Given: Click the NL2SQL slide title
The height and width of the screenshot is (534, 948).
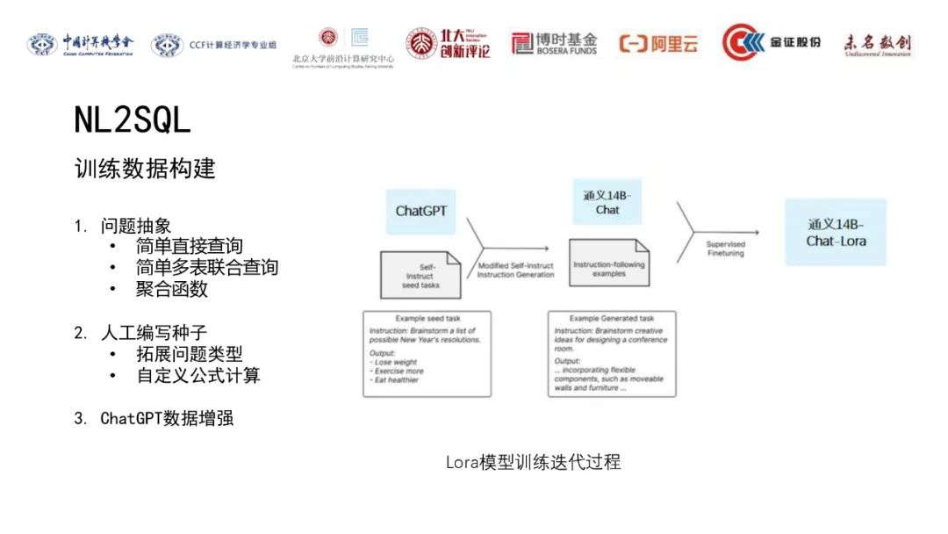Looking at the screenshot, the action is pyautogui.click(x=132, y=121).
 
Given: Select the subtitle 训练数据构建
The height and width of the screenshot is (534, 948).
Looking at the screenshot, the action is pyautogui.click(x=145, y=168).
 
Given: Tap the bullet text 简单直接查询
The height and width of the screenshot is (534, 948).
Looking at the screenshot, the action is pyautogui.click(x=189, y=246).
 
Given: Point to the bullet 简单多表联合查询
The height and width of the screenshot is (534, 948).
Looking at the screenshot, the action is pyautogui.click(x=206, y=267).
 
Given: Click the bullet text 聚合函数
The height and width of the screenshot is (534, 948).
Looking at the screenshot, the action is pyautogui.click(x=171, y=288).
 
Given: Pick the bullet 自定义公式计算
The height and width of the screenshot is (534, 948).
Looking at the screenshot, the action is pyautogui.click(x=197, y=376).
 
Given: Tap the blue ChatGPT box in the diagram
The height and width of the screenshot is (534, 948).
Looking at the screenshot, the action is pyautogui.click(x=421, y=211).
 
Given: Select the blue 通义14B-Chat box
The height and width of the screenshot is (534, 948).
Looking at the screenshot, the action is pyautogui.click(x=607, y=202).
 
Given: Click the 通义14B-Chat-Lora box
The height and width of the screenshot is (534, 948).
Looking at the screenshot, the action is pyautogui.click(x=836, y=232).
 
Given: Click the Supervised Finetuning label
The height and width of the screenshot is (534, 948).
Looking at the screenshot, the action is pyautogui.click(x=726, y=249).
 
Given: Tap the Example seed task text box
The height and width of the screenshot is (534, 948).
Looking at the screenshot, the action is pyautogui.click(x=427, y=353).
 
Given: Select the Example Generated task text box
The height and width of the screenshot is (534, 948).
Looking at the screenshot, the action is pyautogui.click(x=612, y=353).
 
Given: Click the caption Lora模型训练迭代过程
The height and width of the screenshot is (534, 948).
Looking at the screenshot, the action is pyautogui.click(x=533, y=462).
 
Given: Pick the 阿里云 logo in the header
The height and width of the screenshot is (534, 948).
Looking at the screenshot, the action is pyautogui.click(x=658, y=43).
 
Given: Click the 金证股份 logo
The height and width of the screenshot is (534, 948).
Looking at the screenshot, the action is pyautogui.click(x=772, y=42).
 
